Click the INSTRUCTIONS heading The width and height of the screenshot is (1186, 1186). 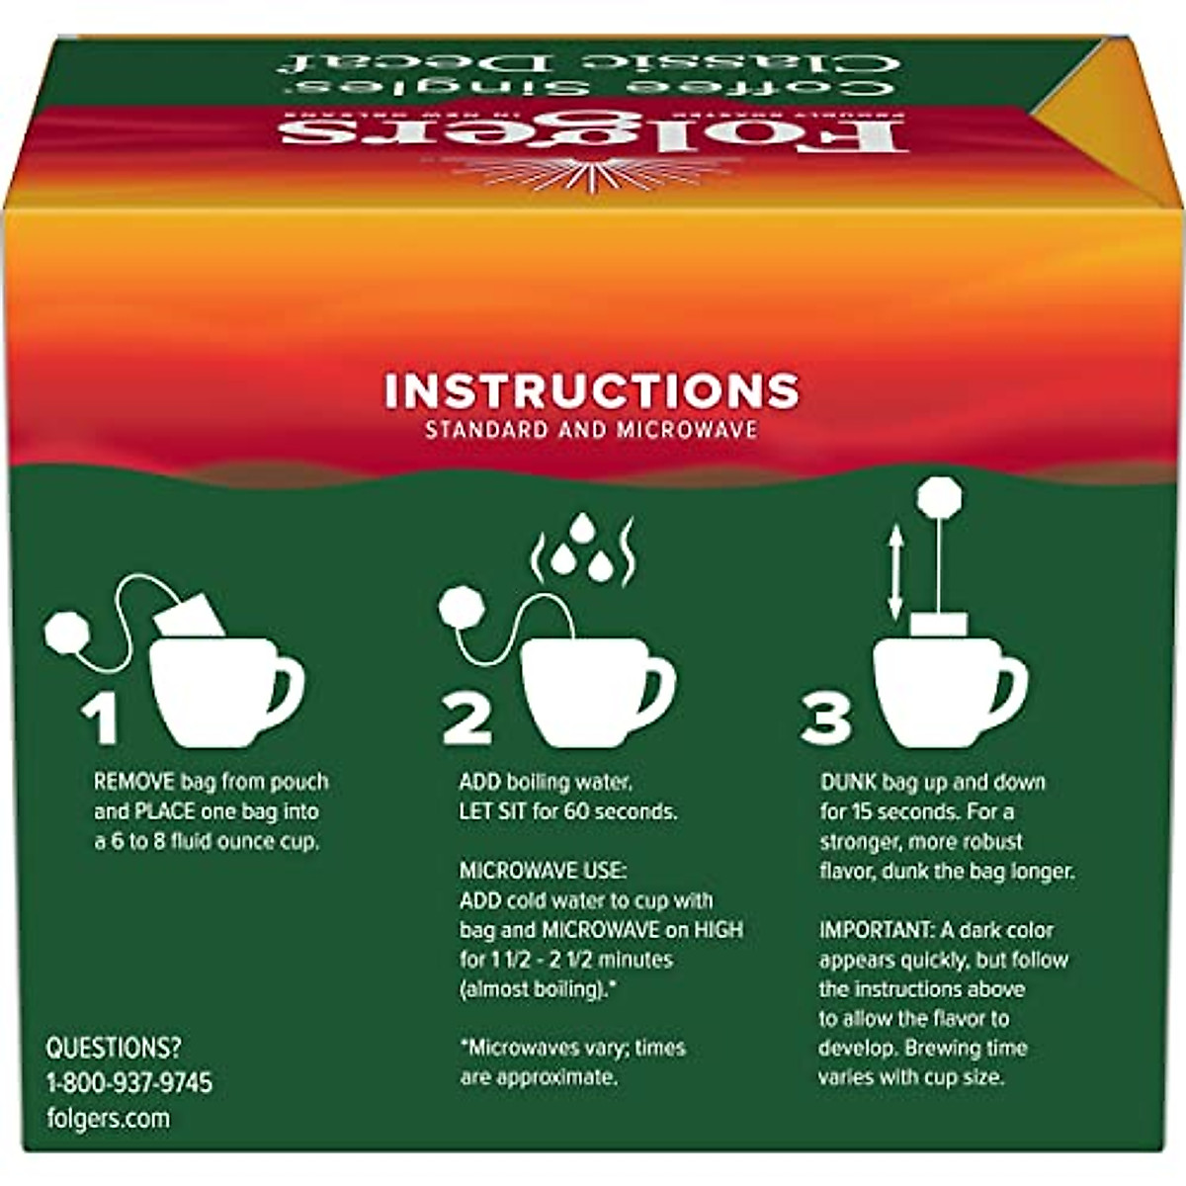[x=591, y=390]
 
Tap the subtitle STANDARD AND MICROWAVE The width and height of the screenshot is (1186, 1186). [x=591, y=431]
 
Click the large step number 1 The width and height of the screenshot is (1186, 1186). [x=101, y=719]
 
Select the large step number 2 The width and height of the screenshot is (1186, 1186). [x=467, y=719]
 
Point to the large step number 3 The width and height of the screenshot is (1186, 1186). [x=826, y=719]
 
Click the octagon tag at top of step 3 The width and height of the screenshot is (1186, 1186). [x=938, y=496]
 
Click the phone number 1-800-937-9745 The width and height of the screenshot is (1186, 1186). [x=128, y=1082]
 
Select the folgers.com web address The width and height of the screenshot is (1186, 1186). [x=108, y=1119]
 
